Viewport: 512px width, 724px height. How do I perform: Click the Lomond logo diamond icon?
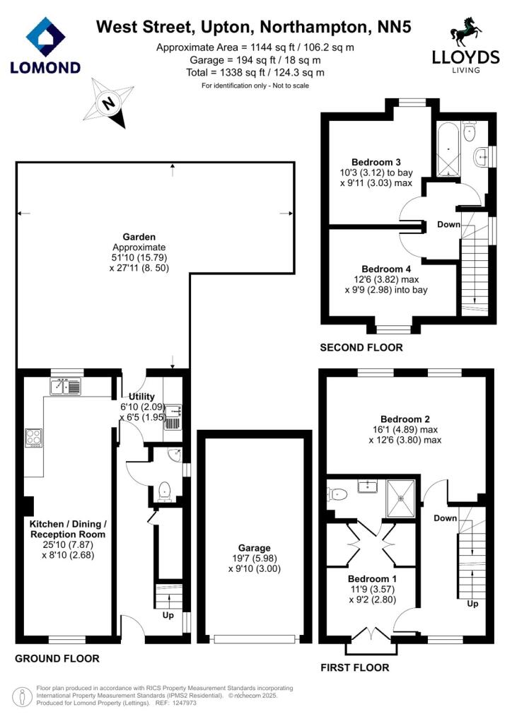tap(45, 37)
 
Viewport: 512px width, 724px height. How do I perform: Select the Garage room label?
tap(254, 548)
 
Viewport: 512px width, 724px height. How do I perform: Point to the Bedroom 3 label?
tap(376, 162)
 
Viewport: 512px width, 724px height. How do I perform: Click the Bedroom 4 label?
tap(386, 269)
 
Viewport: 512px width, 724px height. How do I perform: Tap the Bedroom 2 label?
tap(405, 419)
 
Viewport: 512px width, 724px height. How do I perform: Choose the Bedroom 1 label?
tap(372, 578)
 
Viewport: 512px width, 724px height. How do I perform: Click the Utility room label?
tap(141, 397)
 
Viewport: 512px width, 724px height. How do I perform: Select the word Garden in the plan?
tap(139, 237)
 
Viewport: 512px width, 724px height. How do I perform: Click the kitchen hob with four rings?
tap(34, 438)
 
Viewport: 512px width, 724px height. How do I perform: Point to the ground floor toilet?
tap(164, 491)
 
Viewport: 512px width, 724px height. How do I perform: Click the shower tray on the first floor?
tap(401, 498)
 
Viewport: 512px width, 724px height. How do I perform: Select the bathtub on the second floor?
tap(449, 148)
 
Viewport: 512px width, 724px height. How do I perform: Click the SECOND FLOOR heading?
tap(361, 347)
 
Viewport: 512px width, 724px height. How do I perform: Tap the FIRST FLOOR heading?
tap(354, 667)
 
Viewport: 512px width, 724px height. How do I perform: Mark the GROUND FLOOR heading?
tap(57, 658)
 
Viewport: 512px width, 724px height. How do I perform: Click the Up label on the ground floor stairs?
tap(168, 615)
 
